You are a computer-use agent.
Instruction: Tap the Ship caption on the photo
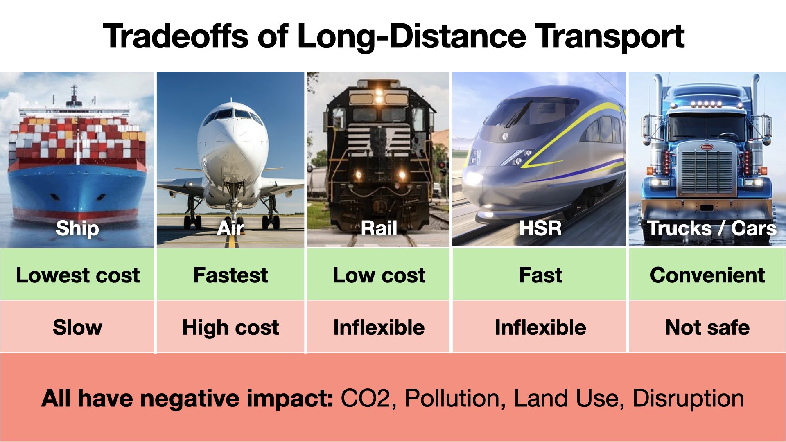[77, 228]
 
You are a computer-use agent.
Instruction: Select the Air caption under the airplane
[230, 228]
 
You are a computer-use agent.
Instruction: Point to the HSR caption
[540, 228]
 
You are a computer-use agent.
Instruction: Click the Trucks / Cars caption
[711, 228]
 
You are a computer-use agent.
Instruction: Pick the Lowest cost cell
[77, 274]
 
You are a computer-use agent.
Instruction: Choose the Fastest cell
[230, 274]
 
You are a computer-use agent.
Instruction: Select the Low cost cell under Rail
[379, 274]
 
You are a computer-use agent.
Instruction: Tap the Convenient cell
[707, 274]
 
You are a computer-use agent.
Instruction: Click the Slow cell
[77, 327]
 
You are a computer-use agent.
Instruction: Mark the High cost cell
[230, 327]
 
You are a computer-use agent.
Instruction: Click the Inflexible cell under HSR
[540, 327]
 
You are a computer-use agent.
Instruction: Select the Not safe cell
[707, 327]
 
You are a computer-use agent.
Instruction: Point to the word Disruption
[688, 399]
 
